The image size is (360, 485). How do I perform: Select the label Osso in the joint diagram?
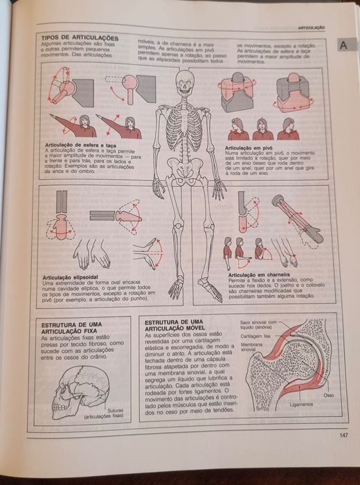click(328, 395)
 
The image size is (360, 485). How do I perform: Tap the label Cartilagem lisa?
click(256, 335)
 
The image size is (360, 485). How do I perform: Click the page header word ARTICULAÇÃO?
click(312, 26)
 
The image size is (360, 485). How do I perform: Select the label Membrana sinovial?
click(253, 346)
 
